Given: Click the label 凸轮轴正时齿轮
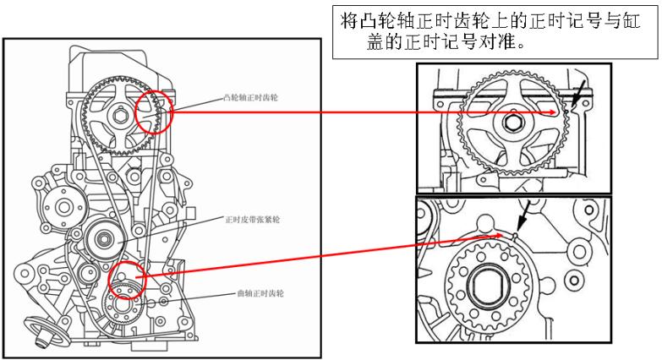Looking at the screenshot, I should (252, 98).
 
